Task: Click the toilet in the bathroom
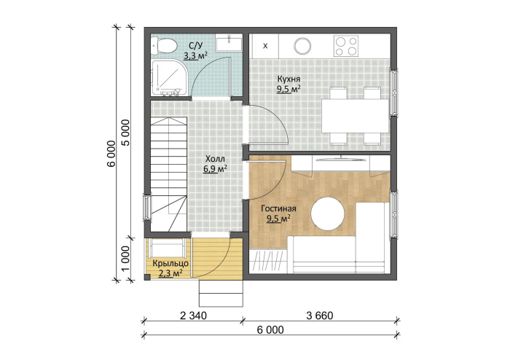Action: click(164, 46)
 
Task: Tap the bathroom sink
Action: click(229, 42)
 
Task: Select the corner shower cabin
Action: click(168, 77)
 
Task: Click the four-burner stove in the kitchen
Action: click(346, 46)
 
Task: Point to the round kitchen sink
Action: click(302, 46)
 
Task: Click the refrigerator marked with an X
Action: click(265, 46)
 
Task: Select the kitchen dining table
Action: click(356, 116)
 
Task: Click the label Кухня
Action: click(289, 79)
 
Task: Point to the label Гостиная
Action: click(278, 208)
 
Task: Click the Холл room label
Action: click(215, 159)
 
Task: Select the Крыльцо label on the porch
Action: click(170, 263)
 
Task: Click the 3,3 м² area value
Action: click(195, 55)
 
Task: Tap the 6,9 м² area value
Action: click(215, 169)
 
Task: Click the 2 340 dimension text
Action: click(193, 316)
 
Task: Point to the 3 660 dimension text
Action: click(320, 316)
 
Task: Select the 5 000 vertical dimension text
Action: click(126, 133)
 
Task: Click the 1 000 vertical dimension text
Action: click(126, 258)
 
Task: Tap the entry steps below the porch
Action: click(221, 293)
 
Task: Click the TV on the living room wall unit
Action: click(340, 159)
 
